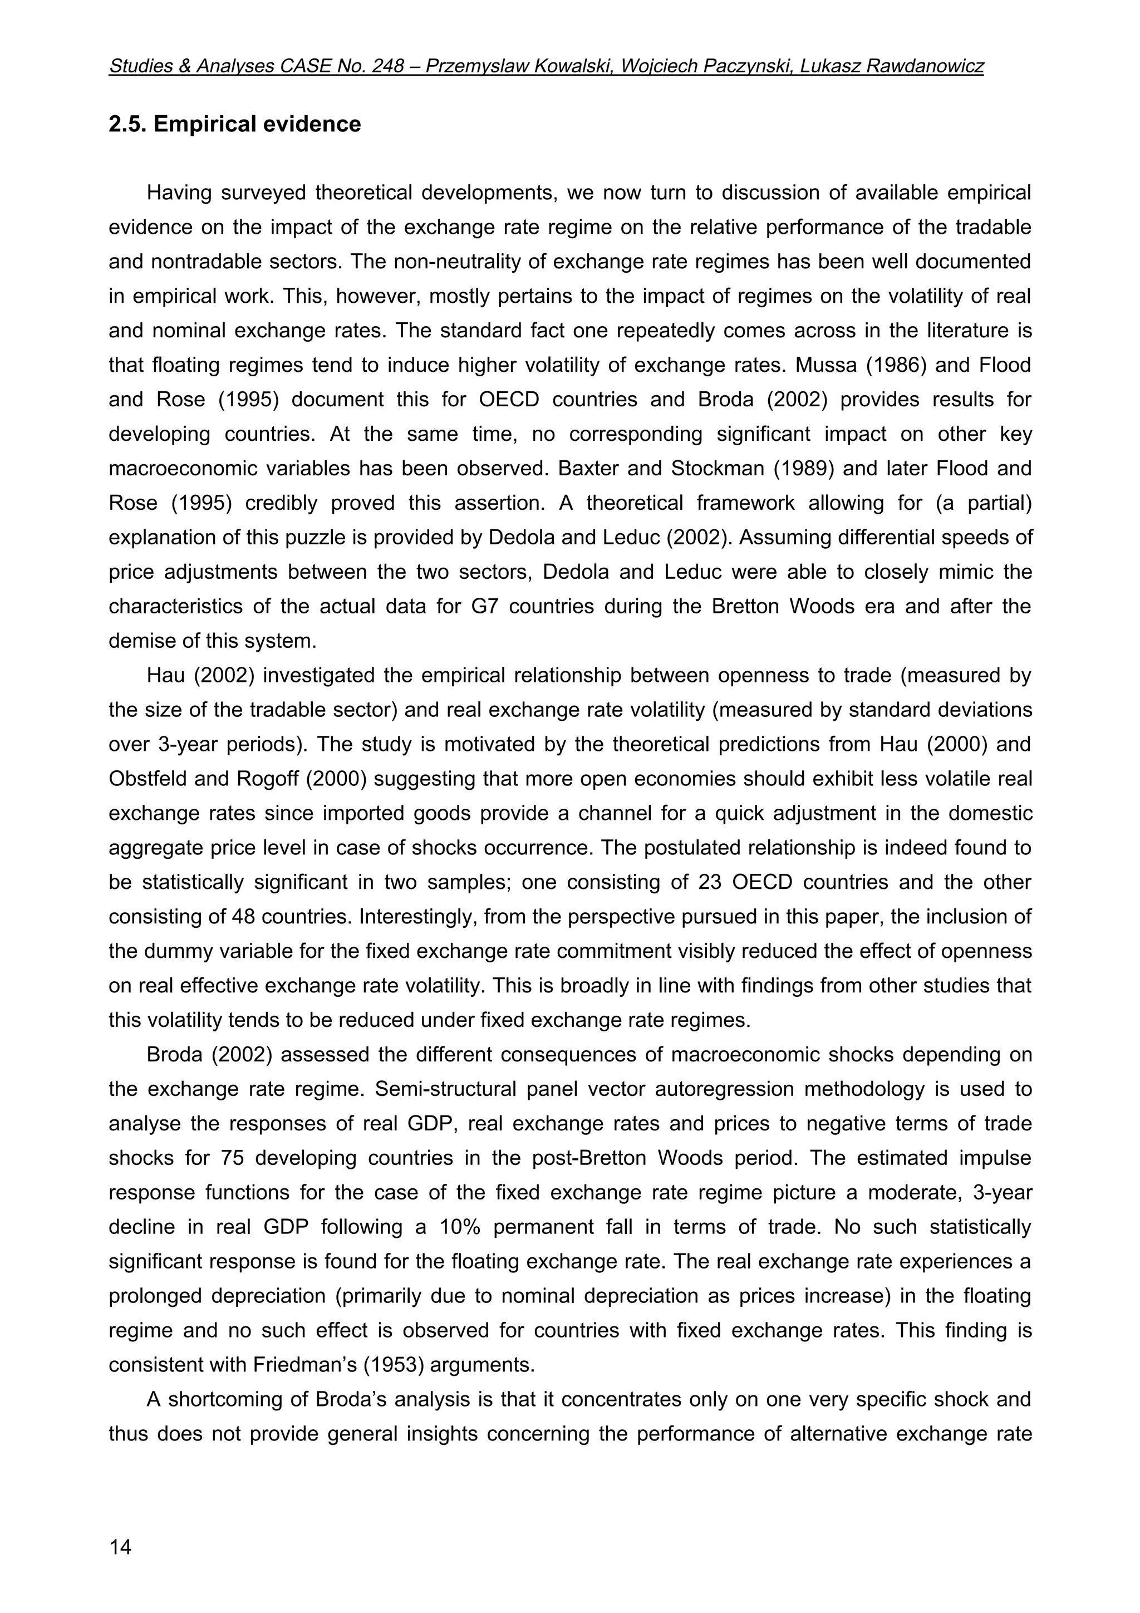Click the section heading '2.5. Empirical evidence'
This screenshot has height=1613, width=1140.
pos(234,124)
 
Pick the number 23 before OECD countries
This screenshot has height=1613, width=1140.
pos(709,882)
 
